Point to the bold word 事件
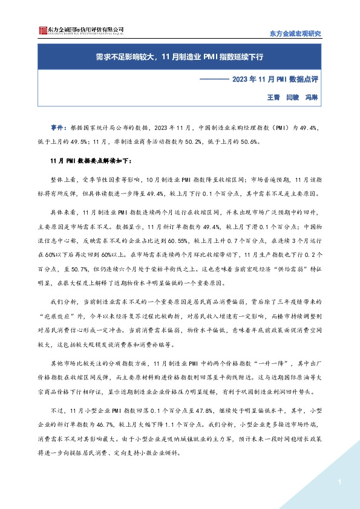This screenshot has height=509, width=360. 57,128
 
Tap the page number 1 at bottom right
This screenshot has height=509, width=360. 340,482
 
